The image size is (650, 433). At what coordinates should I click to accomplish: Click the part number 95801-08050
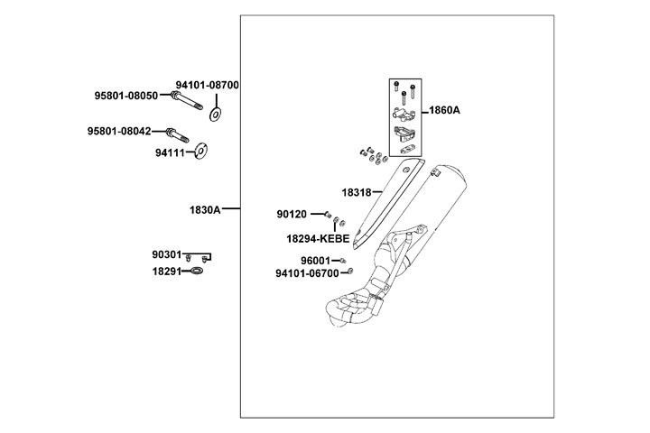click(x=126, y=96)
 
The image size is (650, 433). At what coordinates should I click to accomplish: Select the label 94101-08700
click(x=207, y=85)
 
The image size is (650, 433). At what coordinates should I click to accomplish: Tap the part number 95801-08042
click(x=119, y=132)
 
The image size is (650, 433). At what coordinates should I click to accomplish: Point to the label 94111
click(x=170, y=153)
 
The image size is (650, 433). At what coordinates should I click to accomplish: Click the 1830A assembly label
click(x=205, y=209)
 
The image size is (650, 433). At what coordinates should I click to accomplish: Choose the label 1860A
click(x=444, y=110)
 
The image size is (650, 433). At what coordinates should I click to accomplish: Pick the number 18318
click(x=357, y=192)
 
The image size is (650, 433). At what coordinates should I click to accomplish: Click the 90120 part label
click(x=292, y=215)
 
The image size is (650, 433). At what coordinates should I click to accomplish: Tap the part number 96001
click(x=315, y=261)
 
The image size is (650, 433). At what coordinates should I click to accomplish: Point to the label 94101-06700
click(x=307, y=272)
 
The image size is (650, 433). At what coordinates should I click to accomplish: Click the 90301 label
click(x=167, y=255)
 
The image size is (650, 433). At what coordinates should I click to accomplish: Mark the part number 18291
click(x=167, y=271)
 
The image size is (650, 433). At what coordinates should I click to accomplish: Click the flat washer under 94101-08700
click(x=216, y=114)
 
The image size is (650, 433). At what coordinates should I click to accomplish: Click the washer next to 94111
click(x=201, y=149)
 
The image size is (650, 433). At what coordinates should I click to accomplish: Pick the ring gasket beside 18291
click(x=199, y=270)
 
